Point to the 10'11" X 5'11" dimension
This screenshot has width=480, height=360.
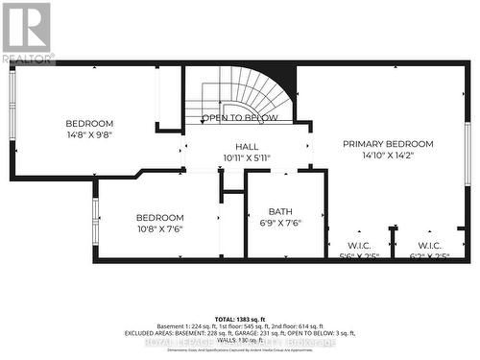[x=248, y=157]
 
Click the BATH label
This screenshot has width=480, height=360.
[x=280, y=211]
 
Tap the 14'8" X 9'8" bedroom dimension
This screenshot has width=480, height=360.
[x=89, y=135]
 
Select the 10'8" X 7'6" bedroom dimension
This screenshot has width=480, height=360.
[x=158, y=228]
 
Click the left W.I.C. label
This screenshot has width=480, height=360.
[x=359, y=246]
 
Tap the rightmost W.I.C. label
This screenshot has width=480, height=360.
[x=428, y=246]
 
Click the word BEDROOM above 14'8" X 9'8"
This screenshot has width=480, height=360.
[x=89, y=124]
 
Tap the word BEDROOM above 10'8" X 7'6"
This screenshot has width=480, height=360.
[x=158, y=217]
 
